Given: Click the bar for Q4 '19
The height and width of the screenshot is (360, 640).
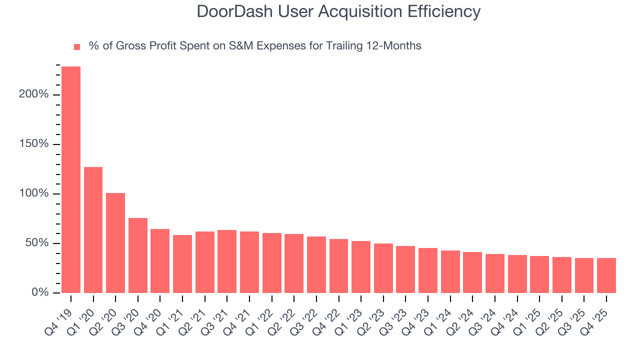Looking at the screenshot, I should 71,179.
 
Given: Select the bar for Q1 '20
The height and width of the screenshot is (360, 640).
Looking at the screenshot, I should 93,230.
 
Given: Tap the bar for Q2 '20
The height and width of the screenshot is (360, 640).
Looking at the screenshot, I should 115,243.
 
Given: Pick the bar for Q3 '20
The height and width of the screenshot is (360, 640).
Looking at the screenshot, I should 138,255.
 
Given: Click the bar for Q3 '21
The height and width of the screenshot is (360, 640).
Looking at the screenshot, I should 227,261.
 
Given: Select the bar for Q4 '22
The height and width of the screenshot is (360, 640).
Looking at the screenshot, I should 338,266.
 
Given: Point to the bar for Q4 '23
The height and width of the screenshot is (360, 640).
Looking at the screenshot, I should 428,270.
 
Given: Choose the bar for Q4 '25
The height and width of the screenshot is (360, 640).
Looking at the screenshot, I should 606,275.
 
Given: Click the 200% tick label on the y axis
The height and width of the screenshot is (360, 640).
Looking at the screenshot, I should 34,94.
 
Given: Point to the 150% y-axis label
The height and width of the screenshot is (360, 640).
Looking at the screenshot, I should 34,144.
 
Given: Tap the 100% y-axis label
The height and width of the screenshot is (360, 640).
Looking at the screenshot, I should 34,193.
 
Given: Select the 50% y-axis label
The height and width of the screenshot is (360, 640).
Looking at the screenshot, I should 36,243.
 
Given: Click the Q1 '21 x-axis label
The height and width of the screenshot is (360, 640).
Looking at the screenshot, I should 172,314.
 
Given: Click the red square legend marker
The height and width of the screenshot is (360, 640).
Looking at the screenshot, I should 77,47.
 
